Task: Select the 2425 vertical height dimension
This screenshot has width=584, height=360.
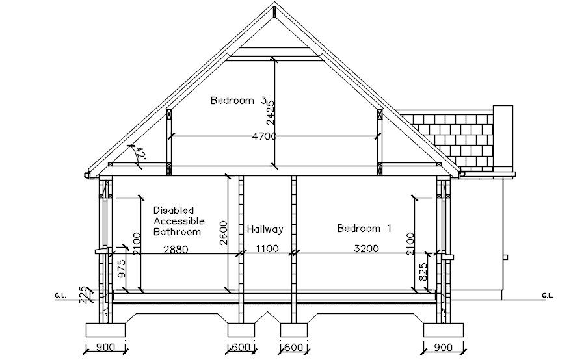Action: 271,111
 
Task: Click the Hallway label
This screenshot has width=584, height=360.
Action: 265,229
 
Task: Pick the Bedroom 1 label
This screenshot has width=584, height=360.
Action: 364,229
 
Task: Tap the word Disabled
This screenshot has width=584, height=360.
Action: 174,211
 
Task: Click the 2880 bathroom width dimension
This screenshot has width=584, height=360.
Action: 175,248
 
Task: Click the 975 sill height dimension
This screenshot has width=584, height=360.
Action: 122,268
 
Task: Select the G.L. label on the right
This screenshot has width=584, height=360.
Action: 546,296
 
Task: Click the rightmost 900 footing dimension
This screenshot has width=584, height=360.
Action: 442,348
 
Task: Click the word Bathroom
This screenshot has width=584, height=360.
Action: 177,231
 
